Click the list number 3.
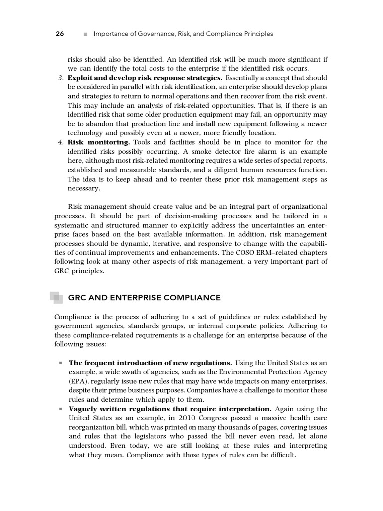tap(60, 78)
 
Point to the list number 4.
tap(60, 142)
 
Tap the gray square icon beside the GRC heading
tap(57, 298)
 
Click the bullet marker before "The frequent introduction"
tap(60, 363)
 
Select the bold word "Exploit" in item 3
tap(81, 78)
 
